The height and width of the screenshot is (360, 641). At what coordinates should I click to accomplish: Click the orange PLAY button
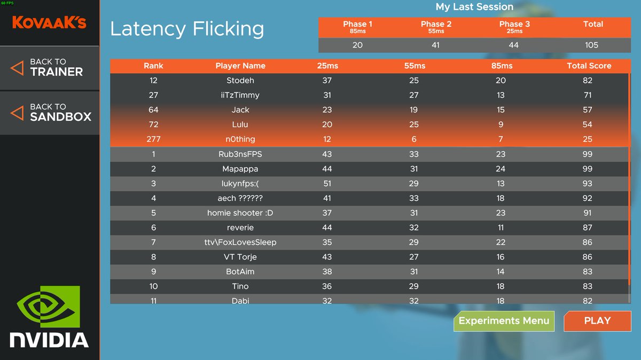coord(597,321)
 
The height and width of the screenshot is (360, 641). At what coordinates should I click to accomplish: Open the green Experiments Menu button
coord(504,321)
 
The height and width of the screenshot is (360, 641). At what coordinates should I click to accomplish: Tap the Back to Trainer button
coord(50,68)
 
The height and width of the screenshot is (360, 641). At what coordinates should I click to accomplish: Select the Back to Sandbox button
coord(50,113)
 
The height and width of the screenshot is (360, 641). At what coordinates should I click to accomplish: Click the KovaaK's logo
coord(49,22)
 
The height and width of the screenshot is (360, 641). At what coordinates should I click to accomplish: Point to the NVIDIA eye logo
coord(49,307)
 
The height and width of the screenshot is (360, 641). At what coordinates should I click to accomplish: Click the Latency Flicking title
coord(187,29)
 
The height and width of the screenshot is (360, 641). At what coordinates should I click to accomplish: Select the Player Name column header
coord(240,66)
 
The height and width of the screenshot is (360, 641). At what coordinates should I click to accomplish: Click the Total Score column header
coord(589,66)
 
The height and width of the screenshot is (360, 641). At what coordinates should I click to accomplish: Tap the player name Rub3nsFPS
coord(240,154)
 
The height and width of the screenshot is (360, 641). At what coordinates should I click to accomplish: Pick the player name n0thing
coord(240,139)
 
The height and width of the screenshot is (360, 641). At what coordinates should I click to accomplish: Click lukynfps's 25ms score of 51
coord(327,183)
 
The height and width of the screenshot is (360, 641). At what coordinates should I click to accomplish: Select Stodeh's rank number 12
coord(153,81)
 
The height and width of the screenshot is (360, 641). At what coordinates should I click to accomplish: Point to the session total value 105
coord(591,45)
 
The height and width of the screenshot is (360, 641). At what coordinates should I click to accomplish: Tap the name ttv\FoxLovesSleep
coord(240,242)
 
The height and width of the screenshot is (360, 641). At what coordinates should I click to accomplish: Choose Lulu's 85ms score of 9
coord(501,124)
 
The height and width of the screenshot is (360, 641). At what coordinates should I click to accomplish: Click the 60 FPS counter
coord(7,3)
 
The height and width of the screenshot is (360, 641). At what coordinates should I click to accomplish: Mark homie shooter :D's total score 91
coord(587,213)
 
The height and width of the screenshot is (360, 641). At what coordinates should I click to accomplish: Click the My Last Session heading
coord(474,6)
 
